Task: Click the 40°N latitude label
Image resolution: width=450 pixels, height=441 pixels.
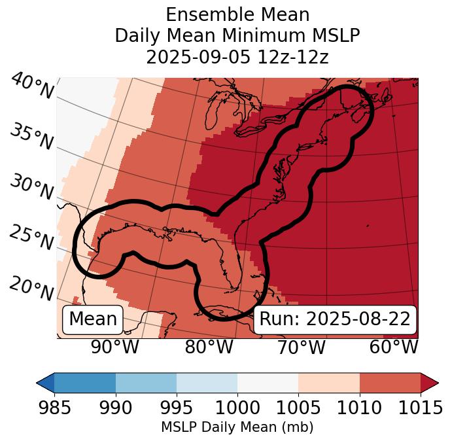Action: coord(32,86)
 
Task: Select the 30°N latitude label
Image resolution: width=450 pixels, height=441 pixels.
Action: coord(31,188)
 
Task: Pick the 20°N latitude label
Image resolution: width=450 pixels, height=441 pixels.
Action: coord(31,287)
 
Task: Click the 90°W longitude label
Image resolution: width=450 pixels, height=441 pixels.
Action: coord(115,347)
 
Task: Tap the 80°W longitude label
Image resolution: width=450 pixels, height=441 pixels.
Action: coord(209,347)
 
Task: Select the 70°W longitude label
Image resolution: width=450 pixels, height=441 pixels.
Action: coord(302,347)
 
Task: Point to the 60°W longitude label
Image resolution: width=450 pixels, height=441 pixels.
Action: coord(394,347)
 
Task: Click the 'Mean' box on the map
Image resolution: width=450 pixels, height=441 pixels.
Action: coord(93,319)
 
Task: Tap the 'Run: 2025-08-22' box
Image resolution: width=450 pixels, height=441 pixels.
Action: coord(335,319)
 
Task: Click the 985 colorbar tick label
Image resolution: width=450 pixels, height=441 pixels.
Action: coord(54,408)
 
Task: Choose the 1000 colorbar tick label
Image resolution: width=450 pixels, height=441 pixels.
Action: coord(237,408)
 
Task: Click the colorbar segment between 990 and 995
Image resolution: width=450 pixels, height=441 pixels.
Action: coord(146,382)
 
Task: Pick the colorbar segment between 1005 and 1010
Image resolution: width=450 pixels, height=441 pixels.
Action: coord(329,382)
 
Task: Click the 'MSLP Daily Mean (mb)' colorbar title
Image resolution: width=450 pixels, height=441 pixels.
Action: coord(237,427)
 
